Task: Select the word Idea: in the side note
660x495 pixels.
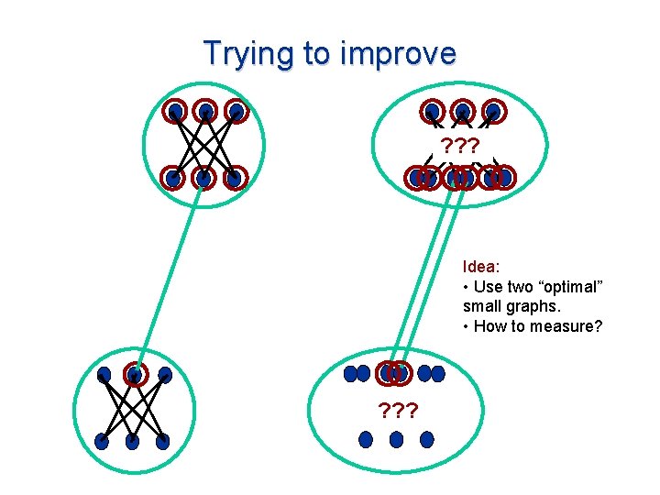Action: pyautogui.click(x=481, y=267)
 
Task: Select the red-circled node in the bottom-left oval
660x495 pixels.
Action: pyautogui.click(x=135, y=375)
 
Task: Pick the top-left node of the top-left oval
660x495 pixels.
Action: pyautogui.click(x=175, y=112)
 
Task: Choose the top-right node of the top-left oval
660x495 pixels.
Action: pyautogui.click(x=236, y=112)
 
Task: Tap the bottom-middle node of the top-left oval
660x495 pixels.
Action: pyautogui.click(x=204, y=178)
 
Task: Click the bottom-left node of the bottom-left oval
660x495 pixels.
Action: pyautogui.click(x=102, y=441)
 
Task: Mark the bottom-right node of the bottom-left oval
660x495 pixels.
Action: pyautogui.click(x=163, y=441)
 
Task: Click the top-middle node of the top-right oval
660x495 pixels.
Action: pyautogui.click(x=463, y=112)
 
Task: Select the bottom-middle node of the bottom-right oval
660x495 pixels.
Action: pyautogui.click(x=396, y=440)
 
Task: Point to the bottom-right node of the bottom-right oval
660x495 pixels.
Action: pyautogui.click(x=426, y=440)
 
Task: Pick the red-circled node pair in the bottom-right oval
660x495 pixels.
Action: pyautogui.click(x=395, y=373)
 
